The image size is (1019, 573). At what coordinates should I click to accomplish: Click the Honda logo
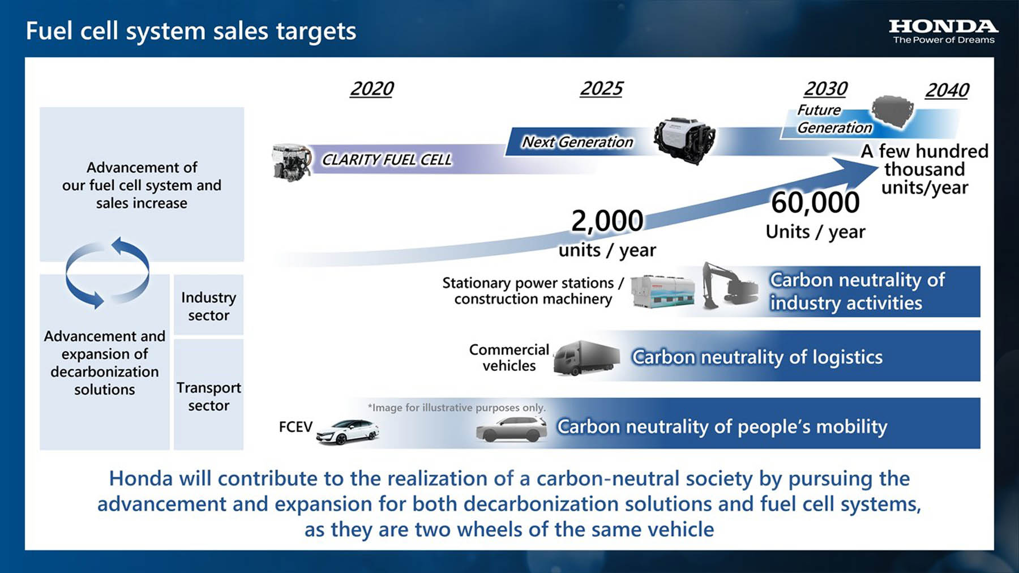tap(943, 32)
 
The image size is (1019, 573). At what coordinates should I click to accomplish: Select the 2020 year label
tap(371, 89)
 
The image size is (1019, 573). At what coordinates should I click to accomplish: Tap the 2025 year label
tap(601, 88)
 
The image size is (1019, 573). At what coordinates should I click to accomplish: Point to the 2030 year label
tap(825, 89)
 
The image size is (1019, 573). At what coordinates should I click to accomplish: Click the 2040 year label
tap(947, 90)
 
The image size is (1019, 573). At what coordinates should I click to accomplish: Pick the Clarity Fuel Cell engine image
tap(292, 162)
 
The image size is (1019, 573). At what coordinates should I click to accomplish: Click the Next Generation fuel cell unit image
tap(684, 140)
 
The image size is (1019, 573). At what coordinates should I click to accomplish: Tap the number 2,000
tap(607, 221)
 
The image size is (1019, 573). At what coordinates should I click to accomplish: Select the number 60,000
tap(815, 203)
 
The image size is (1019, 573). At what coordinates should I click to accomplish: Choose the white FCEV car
tap(348, 431)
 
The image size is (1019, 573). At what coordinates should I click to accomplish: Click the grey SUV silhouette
tap(512, 429)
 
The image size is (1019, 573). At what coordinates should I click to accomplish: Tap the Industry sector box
tap(208, 305)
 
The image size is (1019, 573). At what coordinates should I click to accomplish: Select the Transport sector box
tap(208, 395)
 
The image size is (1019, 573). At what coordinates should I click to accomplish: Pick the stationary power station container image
tap(662, 291)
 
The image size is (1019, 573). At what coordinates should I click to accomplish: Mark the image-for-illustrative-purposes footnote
tap(456, 408)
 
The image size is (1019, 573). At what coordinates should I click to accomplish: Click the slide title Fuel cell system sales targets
tap(191, 32)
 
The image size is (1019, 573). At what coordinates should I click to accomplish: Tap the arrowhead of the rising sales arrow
tap(856, 171)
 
